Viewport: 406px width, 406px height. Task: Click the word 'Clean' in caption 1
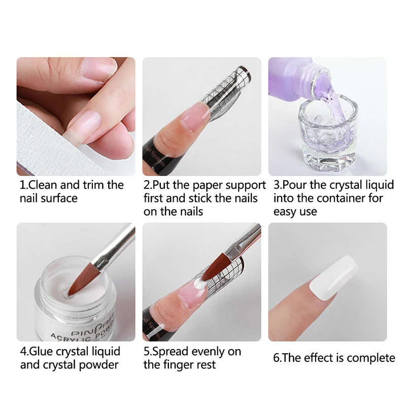(47, 184)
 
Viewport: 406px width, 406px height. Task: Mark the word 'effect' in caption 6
(320, 358)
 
